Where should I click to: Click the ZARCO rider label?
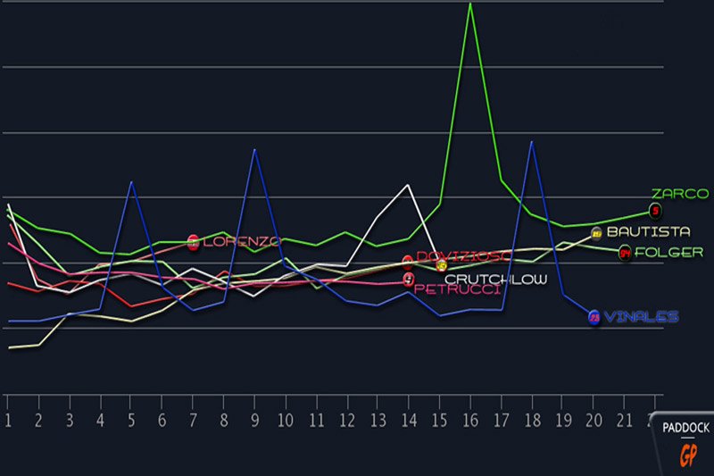pyautogui.click(x=679, y=194)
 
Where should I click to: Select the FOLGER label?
pyautogui.click(x=668, y=253)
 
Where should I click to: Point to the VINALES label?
pyautogui.click(x=641, y=317)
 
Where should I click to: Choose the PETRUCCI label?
pyautogui.click(x=457, y=289)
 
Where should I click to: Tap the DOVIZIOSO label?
pyautogui.click(x=462, y=257)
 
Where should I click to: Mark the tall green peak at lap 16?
pyautogui.click(x=470, y=4)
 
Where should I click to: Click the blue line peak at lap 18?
pyautogui.click(x=532, y=142)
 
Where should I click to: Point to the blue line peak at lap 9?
pyautogui.click(x=255, y=150)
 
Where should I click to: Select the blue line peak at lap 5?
pyautogui.click(x=131, y=182)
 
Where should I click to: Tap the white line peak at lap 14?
pyautogui.click(x=408, y=184)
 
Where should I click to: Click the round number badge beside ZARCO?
pyautogui.click(x=656, y=212)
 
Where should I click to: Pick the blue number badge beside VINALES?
pyautogui.click(x=594, y=318)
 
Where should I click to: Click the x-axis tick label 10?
pyautogui.click(x=286, y=421)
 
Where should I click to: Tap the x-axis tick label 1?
pyautogui.click(x=8, y=421)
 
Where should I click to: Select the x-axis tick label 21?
pyautogui.click(x=626, y=421)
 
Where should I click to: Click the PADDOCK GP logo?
pyautogui.click(x=685, y=441)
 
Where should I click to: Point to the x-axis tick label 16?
pyautogui.click(x=470, y=421)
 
